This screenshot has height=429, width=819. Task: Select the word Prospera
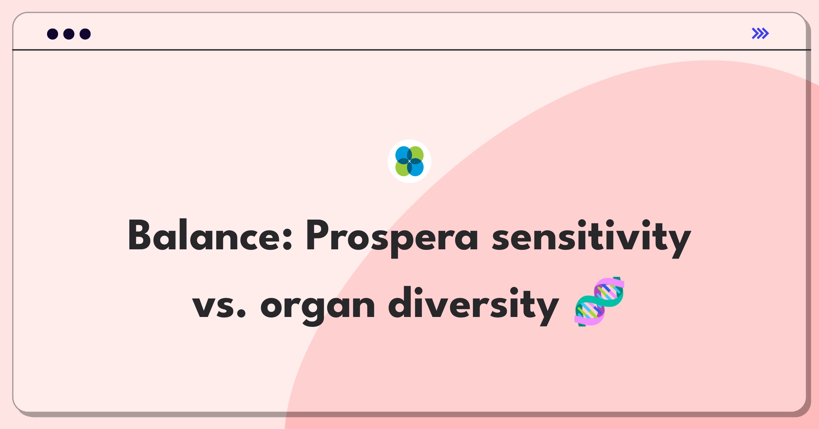coord(392,238)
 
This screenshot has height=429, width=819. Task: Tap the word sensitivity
coord(591,238)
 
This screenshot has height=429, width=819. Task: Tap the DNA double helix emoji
coord(600,302)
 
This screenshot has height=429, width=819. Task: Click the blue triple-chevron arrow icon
coord(760,33)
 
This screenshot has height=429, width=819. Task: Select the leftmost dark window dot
coord(53,34)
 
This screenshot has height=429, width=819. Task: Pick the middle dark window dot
coord(69,34)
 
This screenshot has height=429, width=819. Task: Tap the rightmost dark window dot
coord(85,34)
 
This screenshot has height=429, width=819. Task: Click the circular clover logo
coord(409,161)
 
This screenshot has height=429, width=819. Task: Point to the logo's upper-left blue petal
coord(403,154)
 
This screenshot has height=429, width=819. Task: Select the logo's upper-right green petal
coord(416,154)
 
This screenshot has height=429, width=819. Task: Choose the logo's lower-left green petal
coord(403,168)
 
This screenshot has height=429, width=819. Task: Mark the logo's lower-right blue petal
coord(416,168)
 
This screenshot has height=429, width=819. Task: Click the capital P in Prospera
coord(318,235)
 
